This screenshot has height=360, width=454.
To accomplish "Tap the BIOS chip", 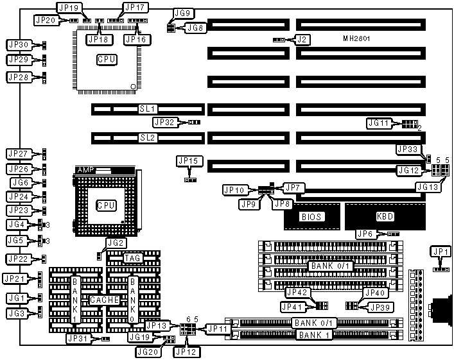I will click(x=311, y=217).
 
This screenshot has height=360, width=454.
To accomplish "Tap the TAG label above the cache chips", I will click(x=133, y=258).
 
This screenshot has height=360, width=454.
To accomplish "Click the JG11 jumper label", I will click(x=378, y=123).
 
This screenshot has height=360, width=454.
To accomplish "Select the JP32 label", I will click(x=164, y=122).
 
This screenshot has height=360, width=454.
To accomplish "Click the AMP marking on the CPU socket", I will click(x=85, y=170).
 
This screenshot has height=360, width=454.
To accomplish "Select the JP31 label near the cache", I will click(x=80, y=338).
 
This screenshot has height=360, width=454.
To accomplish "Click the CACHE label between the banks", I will click(x=104, y=300).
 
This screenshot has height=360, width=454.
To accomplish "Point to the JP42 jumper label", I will click(x=297, y=292).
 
